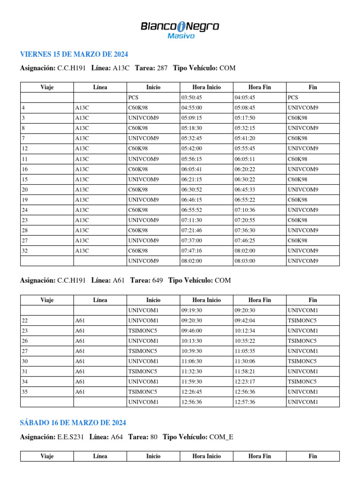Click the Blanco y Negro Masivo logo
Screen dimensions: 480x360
tap(180, 30)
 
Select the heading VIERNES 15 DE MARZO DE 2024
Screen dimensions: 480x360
tap(74, 54)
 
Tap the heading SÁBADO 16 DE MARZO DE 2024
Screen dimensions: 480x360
tap(73, 423)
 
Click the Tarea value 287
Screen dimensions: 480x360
tap(162, 68)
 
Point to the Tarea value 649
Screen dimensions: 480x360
tap(157, 281)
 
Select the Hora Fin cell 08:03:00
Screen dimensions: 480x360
tap(245, 261)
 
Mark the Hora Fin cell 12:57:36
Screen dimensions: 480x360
tap(245, 402)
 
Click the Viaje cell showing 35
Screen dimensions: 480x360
tap(25, 392)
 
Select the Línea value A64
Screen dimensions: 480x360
tap(117, 437)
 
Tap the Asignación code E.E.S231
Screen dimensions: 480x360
tap(71, 437)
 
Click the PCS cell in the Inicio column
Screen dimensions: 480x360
tap(134, 97)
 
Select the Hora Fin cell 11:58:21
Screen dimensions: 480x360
tap(245, 371)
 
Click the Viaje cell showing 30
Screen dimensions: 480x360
tap(25, 361)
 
